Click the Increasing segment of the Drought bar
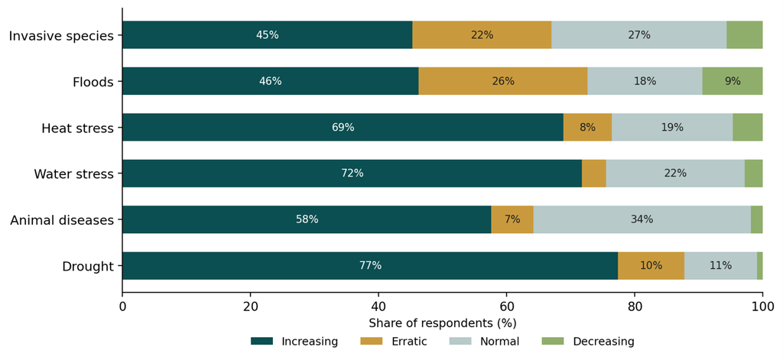tap(370, 266)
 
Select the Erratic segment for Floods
tap(503, 81)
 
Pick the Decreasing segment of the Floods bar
tap(733, 81)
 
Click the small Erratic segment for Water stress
tap(594, 174)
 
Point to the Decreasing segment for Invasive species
tap(745, 35)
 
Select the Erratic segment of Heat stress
tap(588, 128)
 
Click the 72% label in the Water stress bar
tap(352, 174)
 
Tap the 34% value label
tap(642, 219)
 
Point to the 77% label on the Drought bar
tap(371, 266)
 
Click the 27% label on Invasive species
tap(639, 35)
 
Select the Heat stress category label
tap(77, 128)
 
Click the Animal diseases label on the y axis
tap(63, 219)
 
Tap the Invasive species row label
tap(62, 36)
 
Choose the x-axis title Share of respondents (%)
tap(443, 323)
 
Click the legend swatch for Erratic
tap(371, 342)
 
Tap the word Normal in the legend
tap(500, 342)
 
